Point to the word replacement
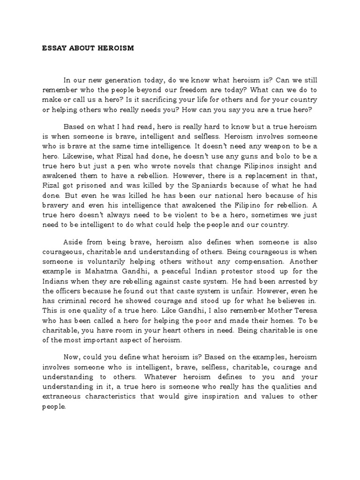click(x=256, y=176)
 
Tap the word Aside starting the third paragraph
click(x=73, y=242)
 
